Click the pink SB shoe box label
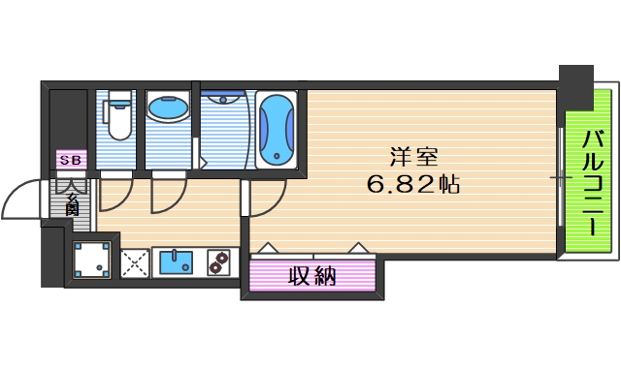(x=71, y=160)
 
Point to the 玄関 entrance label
(x=73, y=201)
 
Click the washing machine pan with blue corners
(x=93, y=261)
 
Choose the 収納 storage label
(x=311, y=276)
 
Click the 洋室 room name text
(x=411, y=156)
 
